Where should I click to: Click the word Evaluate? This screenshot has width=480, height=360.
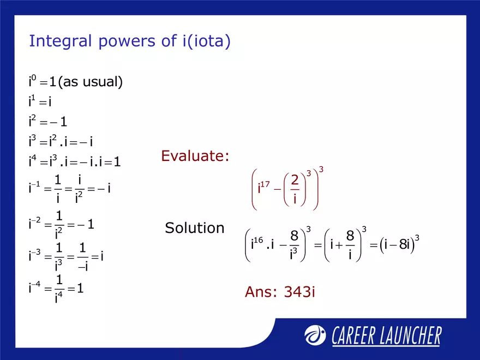click(x=195, y=157)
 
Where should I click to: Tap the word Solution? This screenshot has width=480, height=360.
click(x=194, y=227)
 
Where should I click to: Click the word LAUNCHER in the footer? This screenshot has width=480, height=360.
click(x=406, y=336)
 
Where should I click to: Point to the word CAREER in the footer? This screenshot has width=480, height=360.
click(x=351, y=336)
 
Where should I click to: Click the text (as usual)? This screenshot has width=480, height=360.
click(x=90, y=82)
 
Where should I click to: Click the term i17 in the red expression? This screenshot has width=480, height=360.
click(x=263, y=189)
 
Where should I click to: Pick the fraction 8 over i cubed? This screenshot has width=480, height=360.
click(x=294, y=244)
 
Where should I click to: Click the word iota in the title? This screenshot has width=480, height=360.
click(x=208, y=41)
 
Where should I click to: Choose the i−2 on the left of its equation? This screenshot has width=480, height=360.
click(x=34, y=223)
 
